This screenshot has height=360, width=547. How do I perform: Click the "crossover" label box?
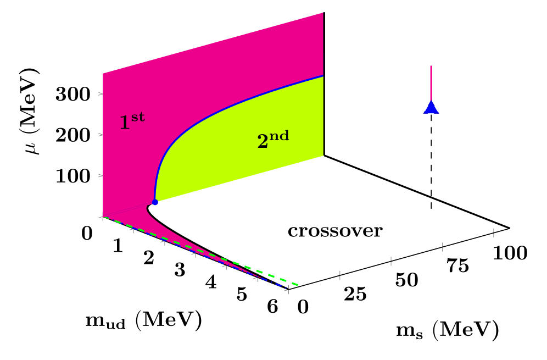pyautogui.click(x=335, y=231)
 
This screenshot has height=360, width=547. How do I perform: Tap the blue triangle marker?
pyautogui.click(x=431, y=108)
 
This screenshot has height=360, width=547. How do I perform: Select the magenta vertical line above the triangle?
pyautogui.click(x=431, y=82)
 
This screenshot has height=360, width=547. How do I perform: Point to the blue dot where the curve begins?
pyautogui.click(x=155, y=202)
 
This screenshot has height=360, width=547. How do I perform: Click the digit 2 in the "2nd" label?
pyautogui.click(x=263, y=142)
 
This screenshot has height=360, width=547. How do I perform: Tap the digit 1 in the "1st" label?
pyautogui.click(x=125, y=123)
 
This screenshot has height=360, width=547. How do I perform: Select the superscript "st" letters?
pyautogui.click(x=138, y=117)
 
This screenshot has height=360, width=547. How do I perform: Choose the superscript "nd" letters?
pyautogui.click(x=279, y=136)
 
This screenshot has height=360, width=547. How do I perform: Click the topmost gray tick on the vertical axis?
pyautogui.click(x=101, y=94)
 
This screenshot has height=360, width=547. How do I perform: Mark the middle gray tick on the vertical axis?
pyautogui.click(x=101, y=135)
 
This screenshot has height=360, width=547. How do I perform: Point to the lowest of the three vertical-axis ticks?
pyautogui.click(x=101, y=175)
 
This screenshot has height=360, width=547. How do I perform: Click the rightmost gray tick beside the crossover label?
pyautogui.click(x=494, y=233)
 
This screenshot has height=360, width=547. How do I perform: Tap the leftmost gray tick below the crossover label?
pyautogui.click(x=339, y=275)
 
